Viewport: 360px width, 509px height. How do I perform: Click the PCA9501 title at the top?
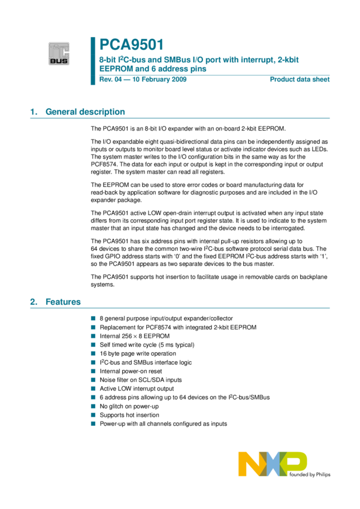tap(131, 44)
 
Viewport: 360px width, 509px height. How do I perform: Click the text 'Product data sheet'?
tap(300, 80)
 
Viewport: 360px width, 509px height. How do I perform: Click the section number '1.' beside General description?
tap(34, 112)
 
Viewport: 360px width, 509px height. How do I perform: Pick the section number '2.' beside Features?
tap(34, 302)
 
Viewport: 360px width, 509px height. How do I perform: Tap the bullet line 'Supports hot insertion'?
tap(129, 414)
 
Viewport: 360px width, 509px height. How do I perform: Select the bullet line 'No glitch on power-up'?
tap(129, 406)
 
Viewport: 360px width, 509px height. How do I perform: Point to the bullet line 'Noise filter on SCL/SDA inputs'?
tap(141, 380)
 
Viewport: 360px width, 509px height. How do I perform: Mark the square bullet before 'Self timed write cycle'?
tap(93, 345)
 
